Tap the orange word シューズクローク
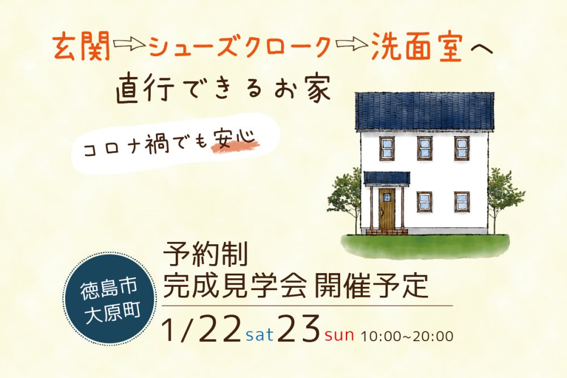pyautogui.click(x=240, y=48)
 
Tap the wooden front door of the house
pyautogui.click(x=387, y=208)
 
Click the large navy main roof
pyautogui.click(x=424, y=111)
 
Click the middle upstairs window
pyautogui.click(x=425, y=148)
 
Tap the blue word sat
pyautogui.click(x=260, y=334)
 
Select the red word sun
pyautogui.click(x=339, y=335)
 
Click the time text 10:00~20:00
pyautogui.click(x=407, y=336)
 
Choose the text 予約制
pyautogui.click(x=205, y=254)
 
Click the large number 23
pyautogui.click(x=299, y=328)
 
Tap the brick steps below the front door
pyautogui.click(x=387, y=232)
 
